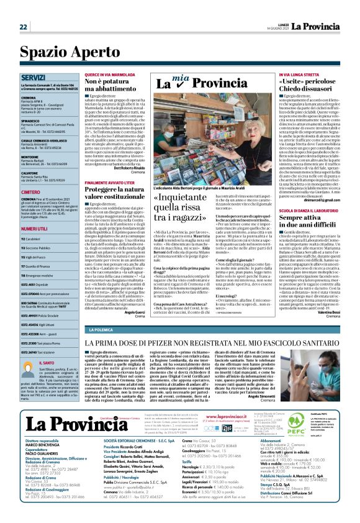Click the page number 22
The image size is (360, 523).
(23, 27)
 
